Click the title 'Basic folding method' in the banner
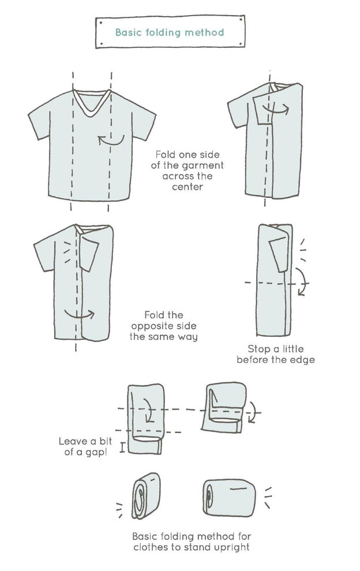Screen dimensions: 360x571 point(170,32)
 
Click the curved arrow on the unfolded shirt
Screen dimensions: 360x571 point(111,140)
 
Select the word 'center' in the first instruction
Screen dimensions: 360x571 point(187,187)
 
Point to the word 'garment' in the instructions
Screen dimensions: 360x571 point(203,166)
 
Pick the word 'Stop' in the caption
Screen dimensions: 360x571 point(258,349)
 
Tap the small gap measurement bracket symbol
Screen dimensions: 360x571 point(122,448)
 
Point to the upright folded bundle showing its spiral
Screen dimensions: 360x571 point(146,495)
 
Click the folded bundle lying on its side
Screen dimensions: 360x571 point(229,498)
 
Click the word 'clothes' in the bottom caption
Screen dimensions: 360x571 point(151,547)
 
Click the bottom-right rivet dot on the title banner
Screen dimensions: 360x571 point(241,44)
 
